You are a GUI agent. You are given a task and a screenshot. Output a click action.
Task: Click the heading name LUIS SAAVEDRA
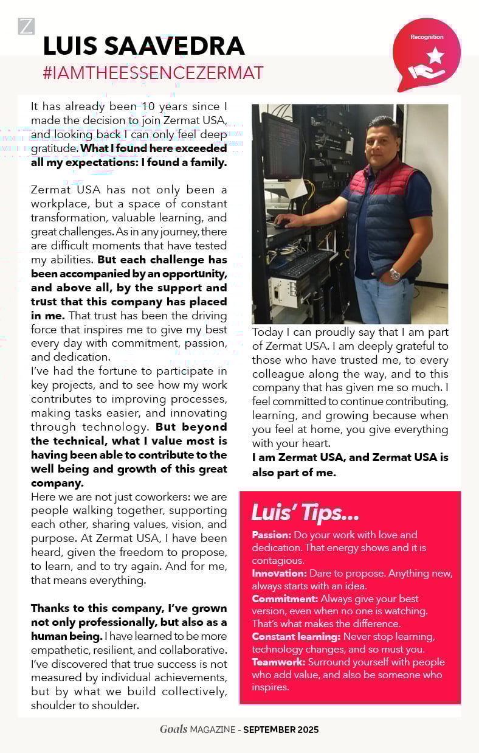click(143, 46)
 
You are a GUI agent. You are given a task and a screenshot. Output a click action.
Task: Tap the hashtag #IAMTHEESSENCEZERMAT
click(153, 73)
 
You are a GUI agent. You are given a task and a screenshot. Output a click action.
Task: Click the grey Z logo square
click(26, 26)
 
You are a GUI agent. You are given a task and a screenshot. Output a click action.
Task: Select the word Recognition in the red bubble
click(427, 37)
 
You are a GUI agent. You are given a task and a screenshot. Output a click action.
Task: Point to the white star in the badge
click(435, 57)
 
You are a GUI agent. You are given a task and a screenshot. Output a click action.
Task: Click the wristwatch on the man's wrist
click(395, 274)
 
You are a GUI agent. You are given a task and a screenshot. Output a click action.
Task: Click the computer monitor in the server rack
click(280, 147)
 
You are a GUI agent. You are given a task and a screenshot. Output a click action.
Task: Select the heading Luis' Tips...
click(305, 513)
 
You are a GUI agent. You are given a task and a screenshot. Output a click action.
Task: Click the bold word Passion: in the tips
click(272, 535)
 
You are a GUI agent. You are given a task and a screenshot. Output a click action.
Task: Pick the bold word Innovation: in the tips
click(279, 574)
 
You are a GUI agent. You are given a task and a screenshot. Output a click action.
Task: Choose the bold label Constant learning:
click(296, 637)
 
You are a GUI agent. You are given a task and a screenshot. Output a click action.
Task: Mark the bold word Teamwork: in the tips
click(277, 662)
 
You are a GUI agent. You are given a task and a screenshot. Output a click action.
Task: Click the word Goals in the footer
click(173, 729)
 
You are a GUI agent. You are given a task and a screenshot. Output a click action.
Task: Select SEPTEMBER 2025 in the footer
click(281, 729)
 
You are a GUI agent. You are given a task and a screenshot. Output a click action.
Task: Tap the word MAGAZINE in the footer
click(212, 729)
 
